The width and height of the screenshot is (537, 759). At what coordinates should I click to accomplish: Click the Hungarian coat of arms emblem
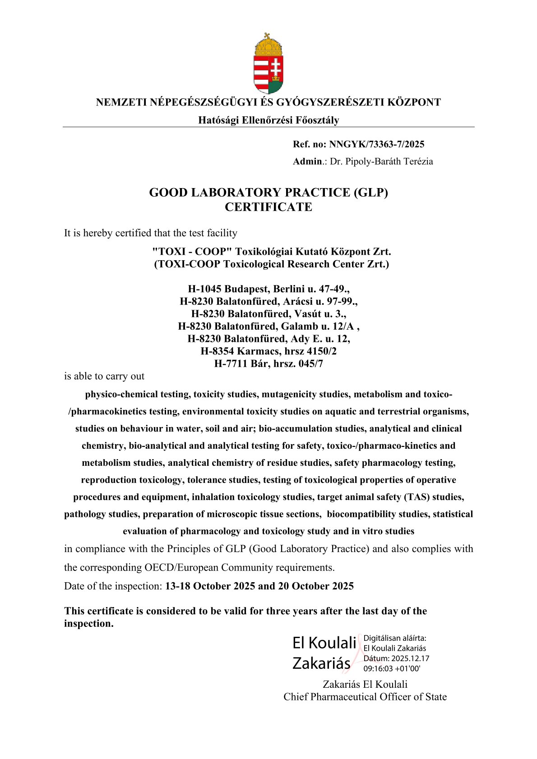point(268,64)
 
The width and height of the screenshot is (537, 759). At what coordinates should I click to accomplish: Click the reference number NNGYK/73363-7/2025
point(376,144)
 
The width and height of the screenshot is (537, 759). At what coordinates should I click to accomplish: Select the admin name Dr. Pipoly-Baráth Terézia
point(381,161)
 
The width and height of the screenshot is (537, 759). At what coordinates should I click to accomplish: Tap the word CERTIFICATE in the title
point(268,207)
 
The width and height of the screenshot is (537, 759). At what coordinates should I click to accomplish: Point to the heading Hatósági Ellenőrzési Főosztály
point(268,120)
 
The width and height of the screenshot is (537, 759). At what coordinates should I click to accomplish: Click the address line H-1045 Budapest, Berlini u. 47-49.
point(268,289)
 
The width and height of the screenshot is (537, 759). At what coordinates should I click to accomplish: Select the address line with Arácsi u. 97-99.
point(268,301)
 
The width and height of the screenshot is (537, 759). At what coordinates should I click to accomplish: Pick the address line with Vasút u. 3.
point(268,313)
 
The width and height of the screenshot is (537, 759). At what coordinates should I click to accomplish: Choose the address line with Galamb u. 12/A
point(268,326)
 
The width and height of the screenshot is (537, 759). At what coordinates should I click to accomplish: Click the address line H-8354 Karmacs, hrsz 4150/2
point(268,351)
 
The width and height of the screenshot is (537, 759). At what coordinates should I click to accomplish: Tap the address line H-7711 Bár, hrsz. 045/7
point(268,363)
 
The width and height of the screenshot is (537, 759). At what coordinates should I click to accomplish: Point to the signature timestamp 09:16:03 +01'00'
point(392,669)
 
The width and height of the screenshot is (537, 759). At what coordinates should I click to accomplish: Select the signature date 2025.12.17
point(410,658)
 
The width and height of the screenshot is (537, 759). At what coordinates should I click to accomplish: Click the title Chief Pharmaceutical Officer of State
point(365,697)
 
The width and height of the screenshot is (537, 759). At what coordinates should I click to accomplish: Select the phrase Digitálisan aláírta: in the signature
point(395,638)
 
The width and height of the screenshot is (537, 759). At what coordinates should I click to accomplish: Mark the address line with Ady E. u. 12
point(268,339)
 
